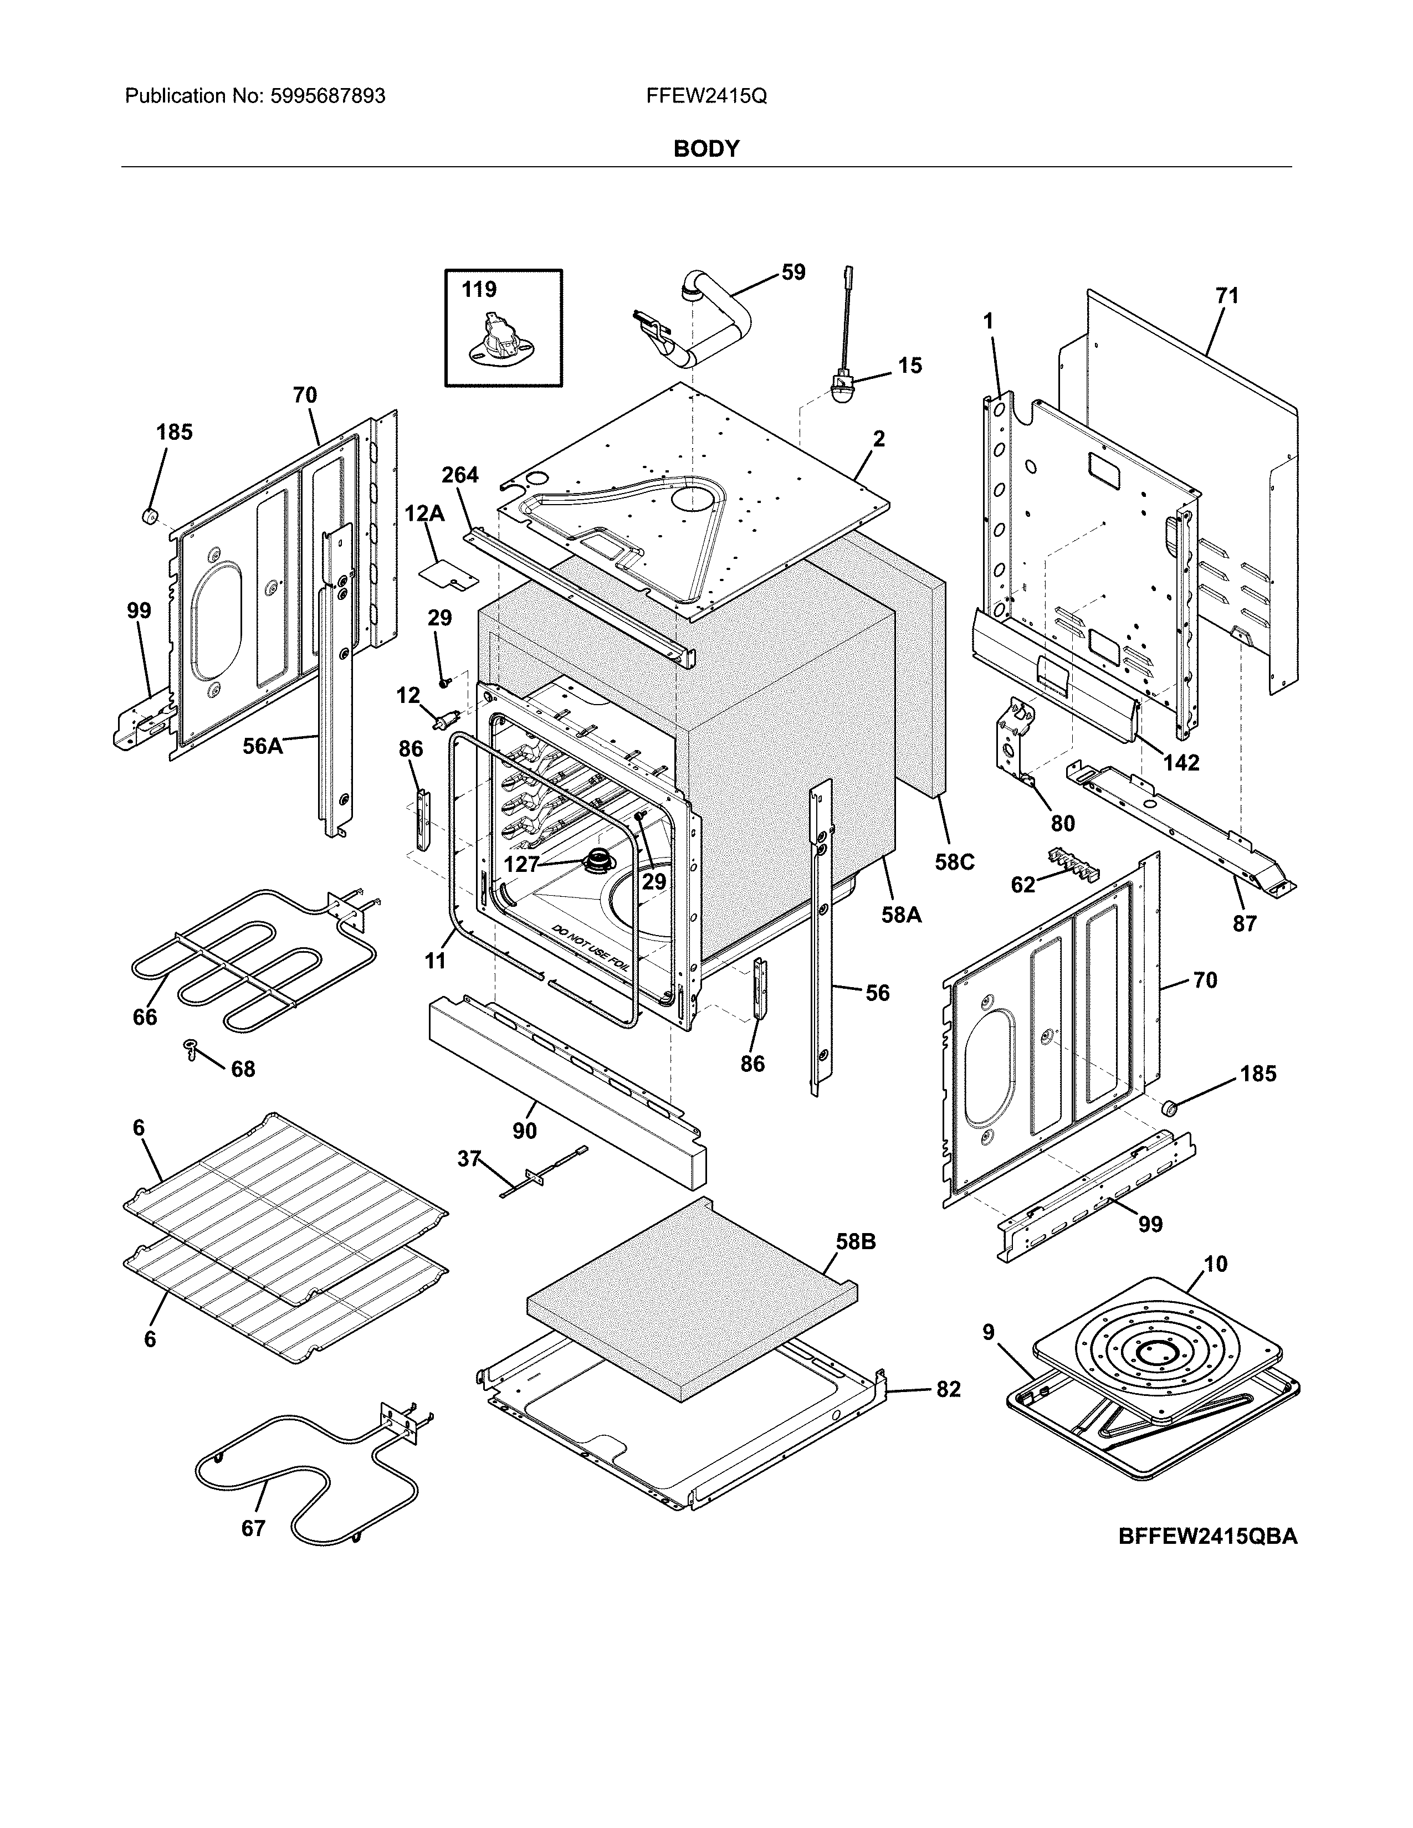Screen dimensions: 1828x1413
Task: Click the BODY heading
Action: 705,149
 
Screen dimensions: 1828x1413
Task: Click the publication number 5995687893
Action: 327,96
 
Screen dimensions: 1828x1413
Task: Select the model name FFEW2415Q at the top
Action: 705,96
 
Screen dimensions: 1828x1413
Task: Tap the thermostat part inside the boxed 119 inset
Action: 500,344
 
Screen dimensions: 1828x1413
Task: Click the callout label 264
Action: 459,475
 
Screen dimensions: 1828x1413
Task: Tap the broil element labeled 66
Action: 251,963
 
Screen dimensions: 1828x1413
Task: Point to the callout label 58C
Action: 954,861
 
